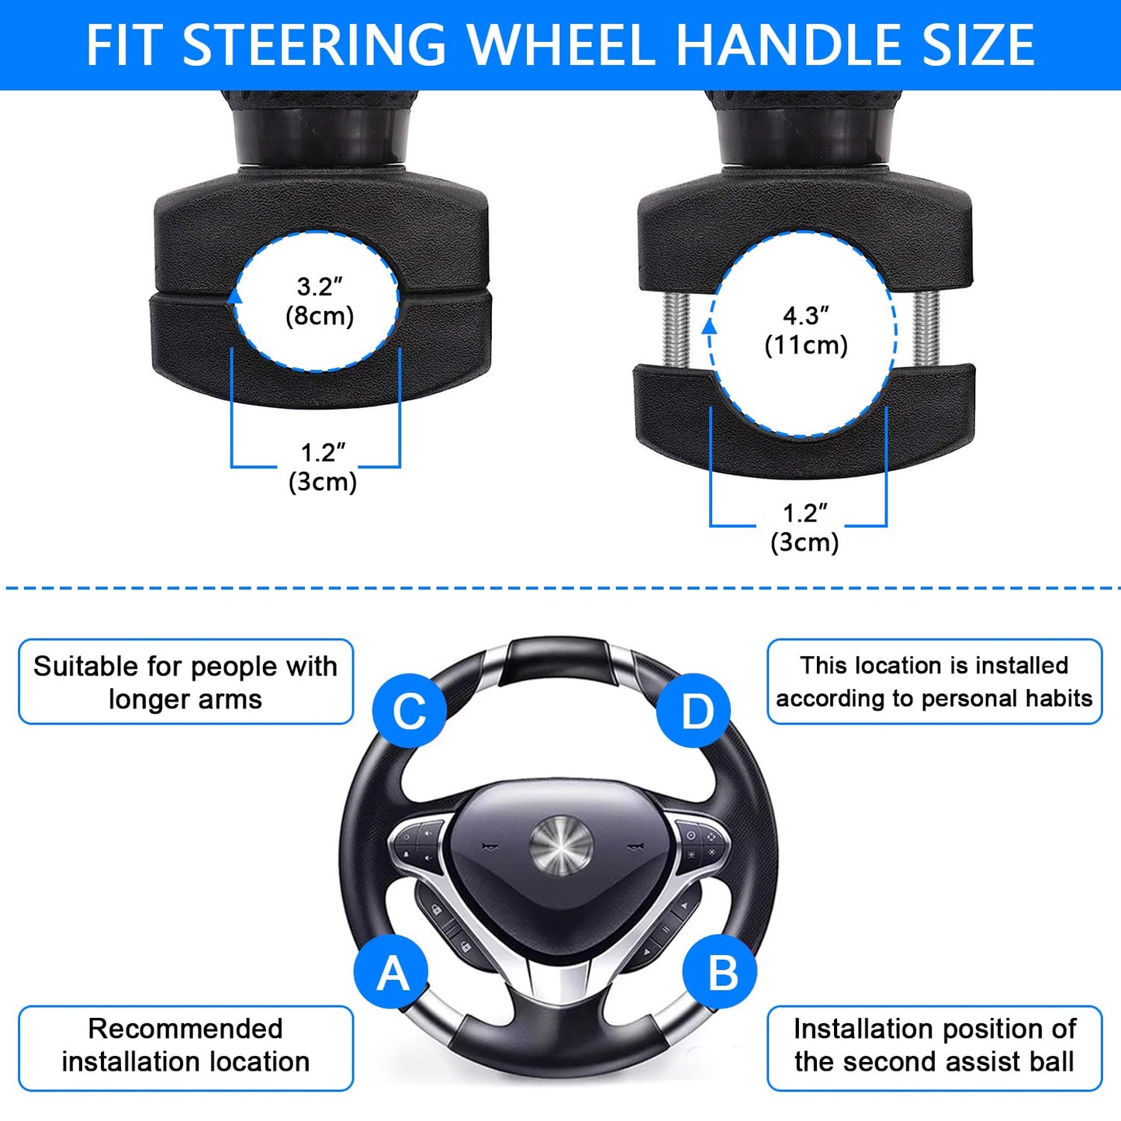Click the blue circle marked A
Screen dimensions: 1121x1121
tap(392, 972)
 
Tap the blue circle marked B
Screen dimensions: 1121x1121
tap(721, 972)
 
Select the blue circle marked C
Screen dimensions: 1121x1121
tap(409, 711)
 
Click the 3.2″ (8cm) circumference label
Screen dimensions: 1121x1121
tap(319, 301)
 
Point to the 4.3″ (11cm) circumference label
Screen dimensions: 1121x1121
tap(806, 330)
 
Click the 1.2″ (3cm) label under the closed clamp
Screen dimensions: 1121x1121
tap(322, 467)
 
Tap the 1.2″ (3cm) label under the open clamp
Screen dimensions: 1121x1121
tap(804, 528)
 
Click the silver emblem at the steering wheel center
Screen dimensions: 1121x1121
tap(561, 846)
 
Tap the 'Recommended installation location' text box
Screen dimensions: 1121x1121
tap(185, 1047)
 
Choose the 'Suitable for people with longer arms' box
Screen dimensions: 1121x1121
tap(185, 682)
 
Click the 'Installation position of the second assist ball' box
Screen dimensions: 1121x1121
tap(934, 1047)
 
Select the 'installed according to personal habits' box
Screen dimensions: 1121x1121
tap(934, 682)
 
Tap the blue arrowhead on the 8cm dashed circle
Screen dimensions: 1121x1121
tap(235, 296)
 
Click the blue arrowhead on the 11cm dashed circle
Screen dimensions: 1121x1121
tap(709, 327)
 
